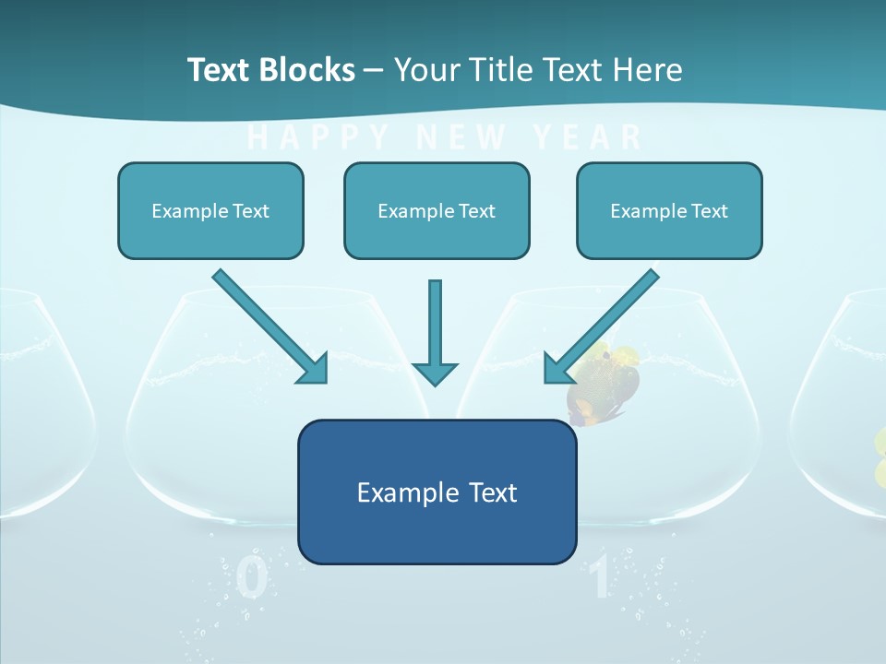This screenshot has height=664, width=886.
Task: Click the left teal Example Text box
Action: [210, 210]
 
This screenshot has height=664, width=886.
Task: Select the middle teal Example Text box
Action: [437, 210]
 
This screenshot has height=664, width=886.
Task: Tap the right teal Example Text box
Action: [669, 210]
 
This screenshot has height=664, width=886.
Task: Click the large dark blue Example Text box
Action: [437, 492]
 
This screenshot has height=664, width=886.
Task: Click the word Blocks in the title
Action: [306, 70]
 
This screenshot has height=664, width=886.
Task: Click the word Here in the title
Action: [646, 70]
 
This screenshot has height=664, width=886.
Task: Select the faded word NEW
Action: [461, 137]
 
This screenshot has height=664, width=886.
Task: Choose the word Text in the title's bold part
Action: [221, 70]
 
